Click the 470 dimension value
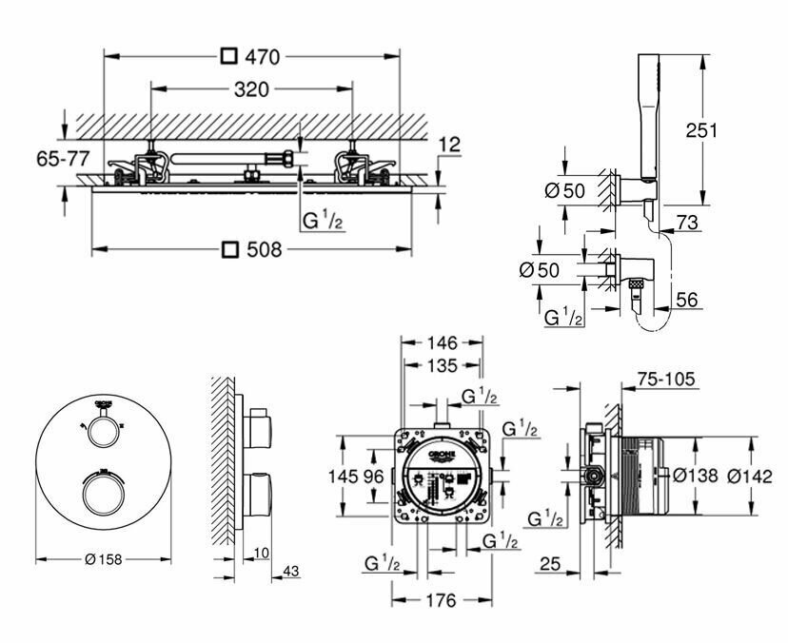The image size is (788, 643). coord(262,57)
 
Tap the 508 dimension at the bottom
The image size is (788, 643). coord(264,250)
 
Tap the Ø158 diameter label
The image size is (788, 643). coord(102,559)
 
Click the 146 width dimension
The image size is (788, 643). coord(441,342)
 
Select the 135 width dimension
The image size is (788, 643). coord(440,365)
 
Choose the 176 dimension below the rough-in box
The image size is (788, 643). coord(440,600)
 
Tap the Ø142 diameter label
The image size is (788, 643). coord(746,475)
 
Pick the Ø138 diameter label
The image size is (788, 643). coord(694,475)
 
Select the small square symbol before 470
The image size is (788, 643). coord(228,57)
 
